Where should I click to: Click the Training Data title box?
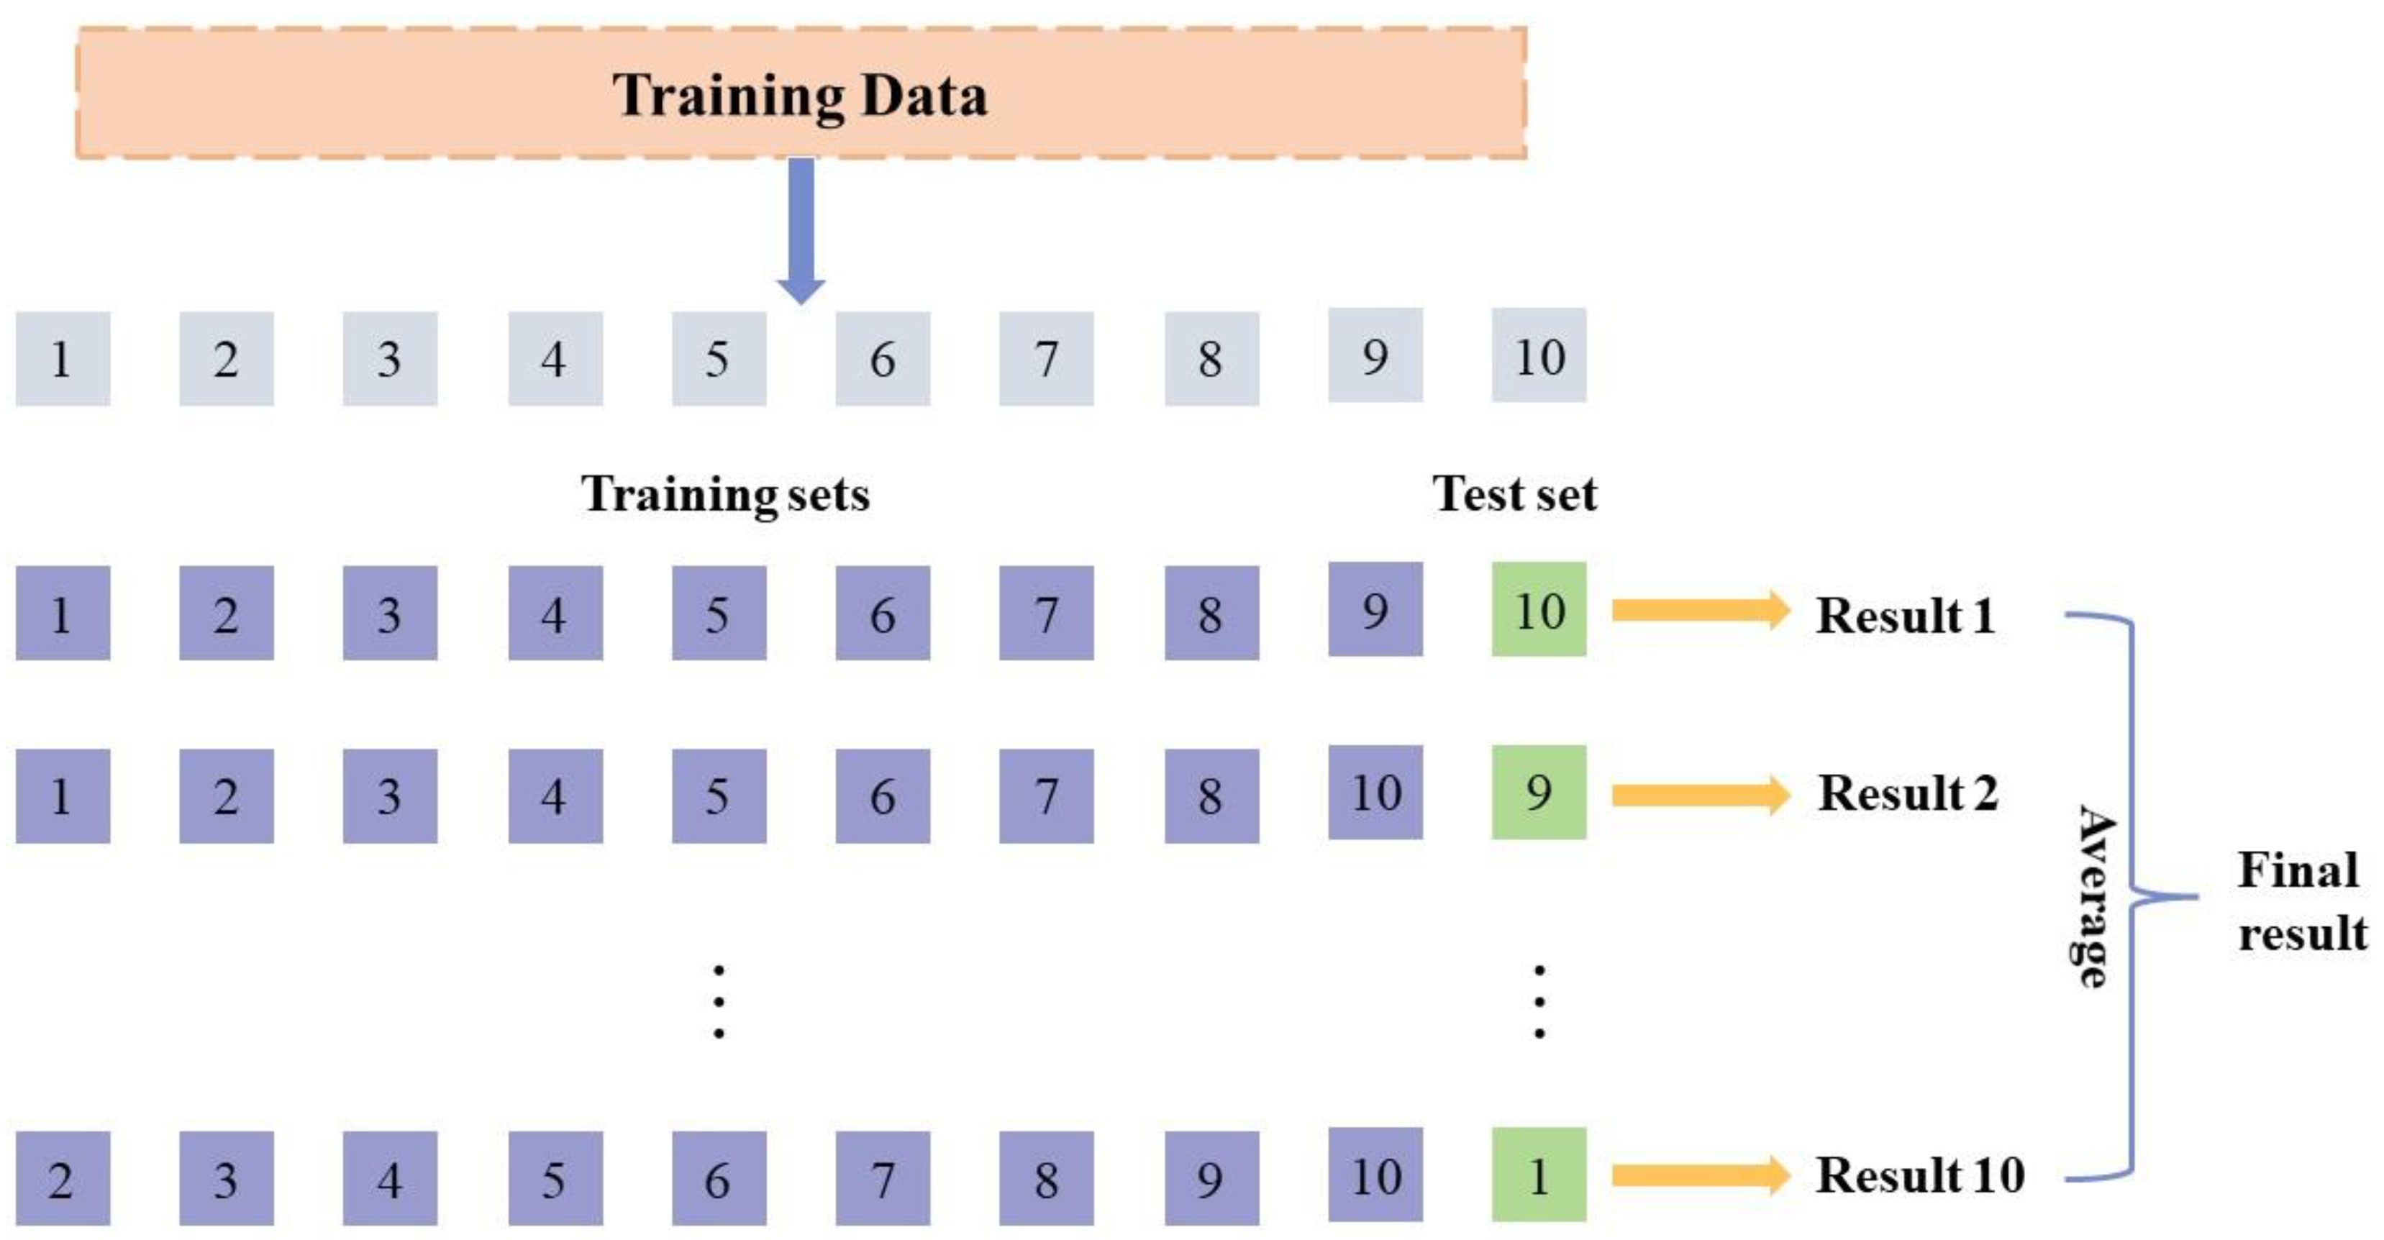coord(801,93)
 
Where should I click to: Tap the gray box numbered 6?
coord(883,358)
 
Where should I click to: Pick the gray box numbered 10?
coord(1539,355)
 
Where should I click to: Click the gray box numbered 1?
coord(62,358)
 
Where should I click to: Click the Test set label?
coord(1514,493)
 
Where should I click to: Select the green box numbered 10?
coord(1539,610)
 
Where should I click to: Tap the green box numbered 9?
coord(1539,792)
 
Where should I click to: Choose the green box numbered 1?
coord(1539,1175)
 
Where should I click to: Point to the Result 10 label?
coord(1919,1175)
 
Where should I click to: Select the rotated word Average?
coord(2093,895)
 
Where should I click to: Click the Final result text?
coord(2302,901)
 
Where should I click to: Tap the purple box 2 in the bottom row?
coord(62,1178)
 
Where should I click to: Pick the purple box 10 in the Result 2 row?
coord(1375,792)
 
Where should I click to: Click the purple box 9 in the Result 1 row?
coord(1375,610)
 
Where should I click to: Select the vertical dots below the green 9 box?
coord(1539,1001)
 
